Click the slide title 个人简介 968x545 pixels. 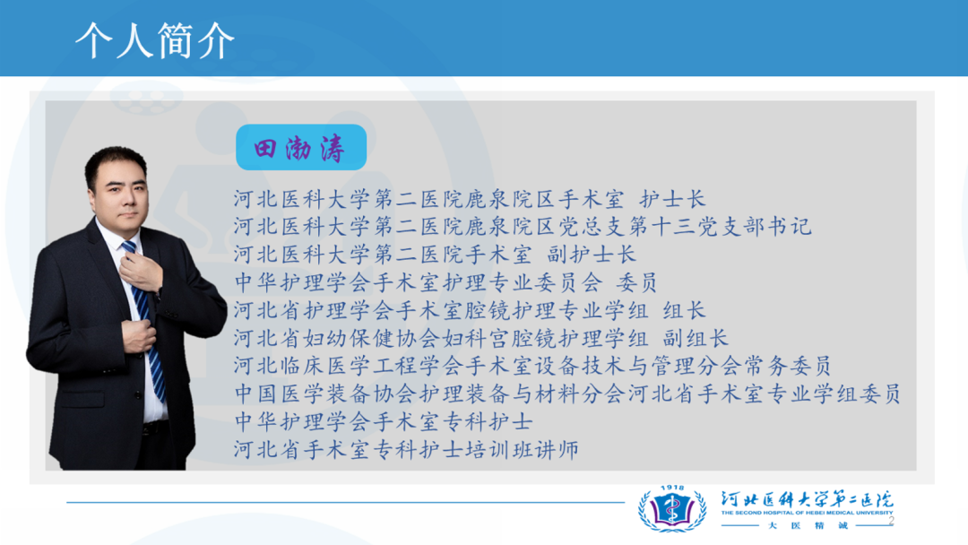coord(155,40)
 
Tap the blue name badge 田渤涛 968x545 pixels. coord(301,148)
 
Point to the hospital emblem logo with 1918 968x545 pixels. coord(672,508)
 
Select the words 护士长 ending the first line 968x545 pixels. coord(672,199)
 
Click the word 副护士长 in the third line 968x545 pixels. coord(591,255)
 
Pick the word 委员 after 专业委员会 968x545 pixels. coord(636,282)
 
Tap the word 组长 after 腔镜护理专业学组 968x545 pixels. coord(684,310)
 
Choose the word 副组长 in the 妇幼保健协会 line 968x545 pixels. coord(696,338)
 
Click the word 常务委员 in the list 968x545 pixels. coord(787,366)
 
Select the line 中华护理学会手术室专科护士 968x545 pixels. coord(384,422)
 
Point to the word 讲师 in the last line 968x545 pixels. coord(557,450)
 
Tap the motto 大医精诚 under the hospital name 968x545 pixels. coord(808,526)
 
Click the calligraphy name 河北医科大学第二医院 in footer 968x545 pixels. coord(807,498)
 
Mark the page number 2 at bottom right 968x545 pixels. coord(892,522)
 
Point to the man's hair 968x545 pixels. coord(116,161)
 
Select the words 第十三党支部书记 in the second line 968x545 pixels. coord(720,227)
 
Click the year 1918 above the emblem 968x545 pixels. coord(672,489)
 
